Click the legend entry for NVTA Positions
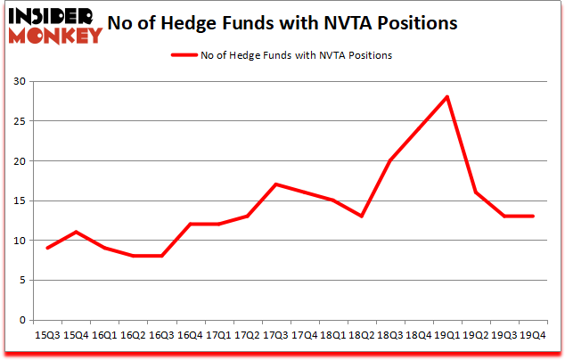pyautogui.click(x=281, y=55)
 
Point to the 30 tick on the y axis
pyautogui.click(x=20, y=82)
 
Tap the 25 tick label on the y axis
pyautogui.click(x=20, y=121)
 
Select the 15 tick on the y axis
pyautogui.click(x=20, y=200)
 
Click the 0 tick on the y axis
pyautogui.click(x=23, y=320)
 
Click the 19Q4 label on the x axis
pyautogui.click(x=533, y=335)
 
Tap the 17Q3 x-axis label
pyautogui.click(x=275, y=335)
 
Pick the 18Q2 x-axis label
pyautogui.click(x=361, y=335)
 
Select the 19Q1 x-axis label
pyautogui.click(x=446, y=335)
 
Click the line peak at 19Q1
pyautogui.click(x=447, y=97)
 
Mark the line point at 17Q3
pyautogui.click(x=275, y=184)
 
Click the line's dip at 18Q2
pyautogui.click(x=361, y=217)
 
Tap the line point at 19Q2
pyautogui.click(x=476, y=192)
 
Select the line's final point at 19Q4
pyautogui.click(x=533, y=217)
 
